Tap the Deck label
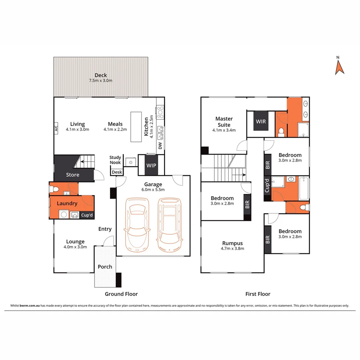(100, 75)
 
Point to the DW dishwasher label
(160, 146)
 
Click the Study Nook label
(115, 160)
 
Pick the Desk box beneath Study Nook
(117, 172)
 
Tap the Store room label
(72, 175)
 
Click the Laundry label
(67, 203)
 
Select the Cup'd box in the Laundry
(87, 215)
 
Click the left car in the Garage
(136, 225)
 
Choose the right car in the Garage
(169, 225)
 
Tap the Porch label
(105, 267)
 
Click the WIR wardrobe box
(261, 121)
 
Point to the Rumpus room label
(233, 243)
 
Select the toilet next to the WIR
(281, 132)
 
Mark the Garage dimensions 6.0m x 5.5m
(153, 190)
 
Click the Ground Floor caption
(121, 294)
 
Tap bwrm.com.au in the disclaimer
(30, 305)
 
